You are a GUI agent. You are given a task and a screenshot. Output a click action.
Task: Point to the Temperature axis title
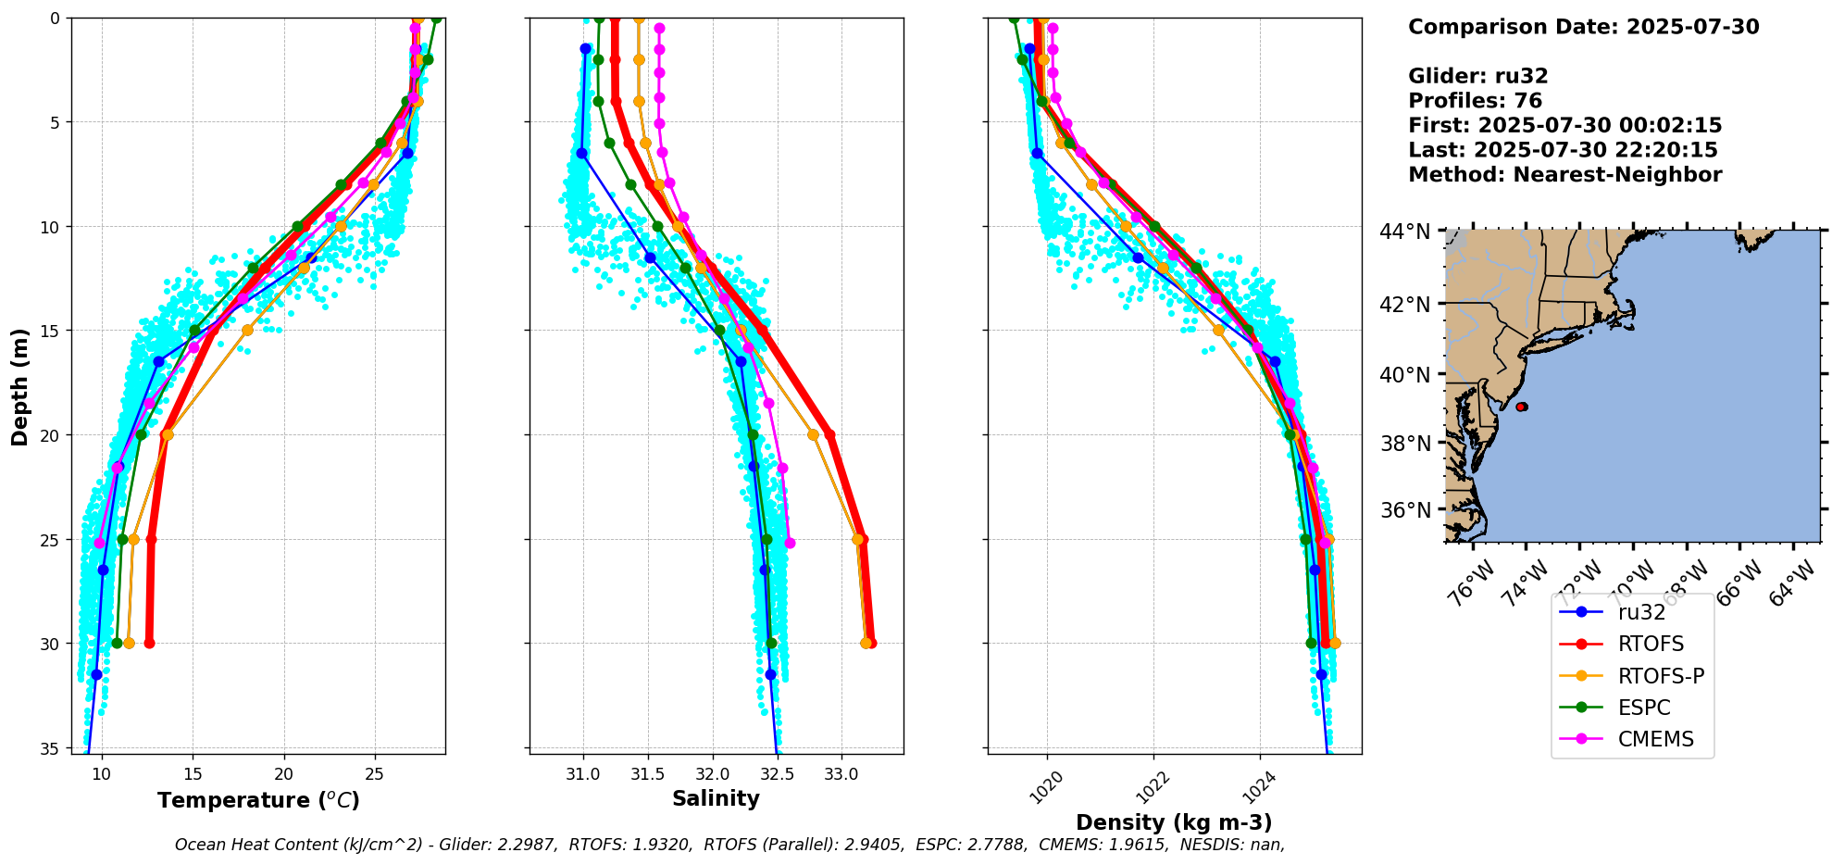click(258, 800)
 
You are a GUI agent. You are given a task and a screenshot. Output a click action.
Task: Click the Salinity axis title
click(716, 798)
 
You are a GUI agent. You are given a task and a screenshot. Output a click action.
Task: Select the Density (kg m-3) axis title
click(1174, 822)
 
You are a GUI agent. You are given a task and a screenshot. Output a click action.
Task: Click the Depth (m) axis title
click(20, 386)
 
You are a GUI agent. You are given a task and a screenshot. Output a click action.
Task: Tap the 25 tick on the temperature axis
click(375, 773)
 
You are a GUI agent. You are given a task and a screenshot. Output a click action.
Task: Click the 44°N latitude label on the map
click(1405, 232)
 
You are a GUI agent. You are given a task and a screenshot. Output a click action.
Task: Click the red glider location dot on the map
click(1521, 407)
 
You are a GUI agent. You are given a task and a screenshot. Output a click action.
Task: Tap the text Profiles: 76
click(1475, 101)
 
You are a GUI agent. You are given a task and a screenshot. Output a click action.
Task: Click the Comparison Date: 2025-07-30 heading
click(1583, 27)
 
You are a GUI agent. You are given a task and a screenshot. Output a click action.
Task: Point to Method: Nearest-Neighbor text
click(1564, 175)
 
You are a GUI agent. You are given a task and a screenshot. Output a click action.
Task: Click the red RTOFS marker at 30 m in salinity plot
click(870, 643)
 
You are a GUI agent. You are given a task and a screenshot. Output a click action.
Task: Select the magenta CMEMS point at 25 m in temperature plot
click(100, 543)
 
